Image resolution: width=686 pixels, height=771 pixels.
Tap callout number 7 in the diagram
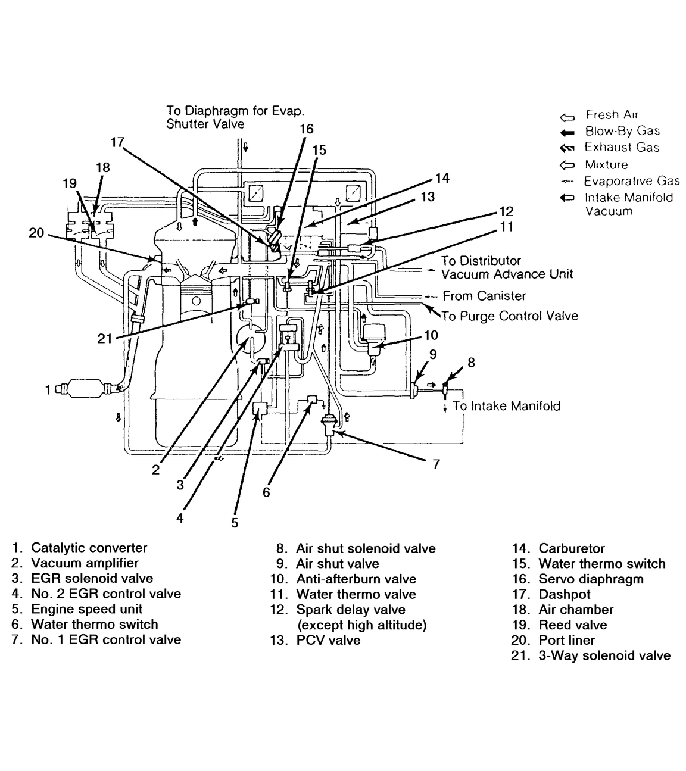point(436,464)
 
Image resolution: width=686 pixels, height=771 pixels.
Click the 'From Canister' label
point(484,296)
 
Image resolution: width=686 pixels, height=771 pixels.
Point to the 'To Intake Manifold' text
point(506,406)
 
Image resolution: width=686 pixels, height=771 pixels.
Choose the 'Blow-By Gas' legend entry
point(622,131)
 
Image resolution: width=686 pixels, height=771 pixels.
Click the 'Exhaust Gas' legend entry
point(621,148)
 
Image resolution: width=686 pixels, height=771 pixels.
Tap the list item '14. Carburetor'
point(559,548)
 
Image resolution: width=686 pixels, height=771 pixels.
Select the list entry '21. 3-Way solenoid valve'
point(591,655)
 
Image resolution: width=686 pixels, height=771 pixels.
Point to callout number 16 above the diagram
point(306,129)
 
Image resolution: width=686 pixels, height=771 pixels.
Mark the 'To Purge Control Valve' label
point(510,316)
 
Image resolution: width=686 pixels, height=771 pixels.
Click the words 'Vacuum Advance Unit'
point(507,274)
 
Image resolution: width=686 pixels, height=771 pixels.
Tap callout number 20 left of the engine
point(36,232)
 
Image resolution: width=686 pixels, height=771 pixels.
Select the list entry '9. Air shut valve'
point(327,564)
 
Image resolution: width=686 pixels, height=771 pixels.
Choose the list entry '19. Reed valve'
point(559,625)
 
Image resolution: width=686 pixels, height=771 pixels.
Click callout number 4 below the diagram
point(180,517)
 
